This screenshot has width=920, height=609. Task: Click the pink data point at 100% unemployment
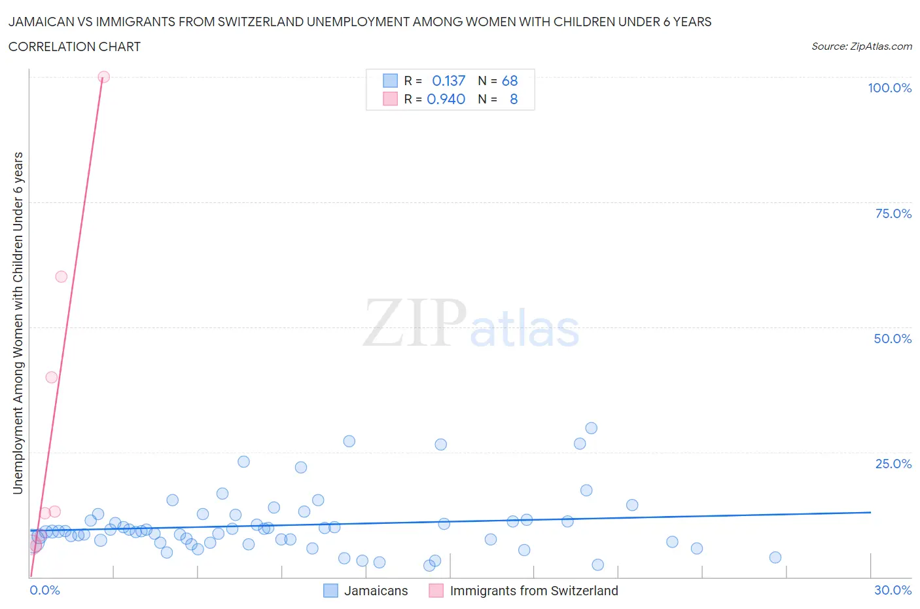point(103,77)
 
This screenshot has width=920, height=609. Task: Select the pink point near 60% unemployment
point(61,277)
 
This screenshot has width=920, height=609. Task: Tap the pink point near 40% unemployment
point(51,377)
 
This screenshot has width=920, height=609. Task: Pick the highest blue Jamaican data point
point(591,428)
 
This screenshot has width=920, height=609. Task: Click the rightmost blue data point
point(775,557)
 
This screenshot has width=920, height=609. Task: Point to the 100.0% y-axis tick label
point(889,88)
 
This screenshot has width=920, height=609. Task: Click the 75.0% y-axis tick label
point(893,213)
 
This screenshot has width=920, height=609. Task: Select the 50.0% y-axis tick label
point(893,339)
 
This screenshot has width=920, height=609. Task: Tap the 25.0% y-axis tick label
point(893,464)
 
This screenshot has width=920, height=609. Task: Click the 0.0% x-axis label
point(44,590)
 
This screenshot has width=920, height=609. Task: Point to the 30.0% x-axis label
point(893,590)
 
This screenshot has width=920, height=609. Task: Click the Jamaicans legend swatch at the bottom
point(331,591)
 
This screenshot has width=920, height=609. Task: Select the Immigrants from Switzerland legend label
point(534,591)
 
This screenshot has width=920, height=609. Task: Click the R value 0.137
point(448,81)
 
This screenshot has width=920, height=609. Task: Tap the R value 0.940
point(446,99)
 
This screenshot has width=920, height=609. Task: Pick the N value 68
point(510,81)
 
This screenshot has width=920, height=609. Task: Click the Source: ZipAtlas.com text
point(861,46)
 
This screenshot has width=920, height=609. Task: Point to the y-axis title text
point(18,323)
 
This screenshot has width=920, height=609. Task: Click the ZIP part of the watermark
point(414,323)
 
